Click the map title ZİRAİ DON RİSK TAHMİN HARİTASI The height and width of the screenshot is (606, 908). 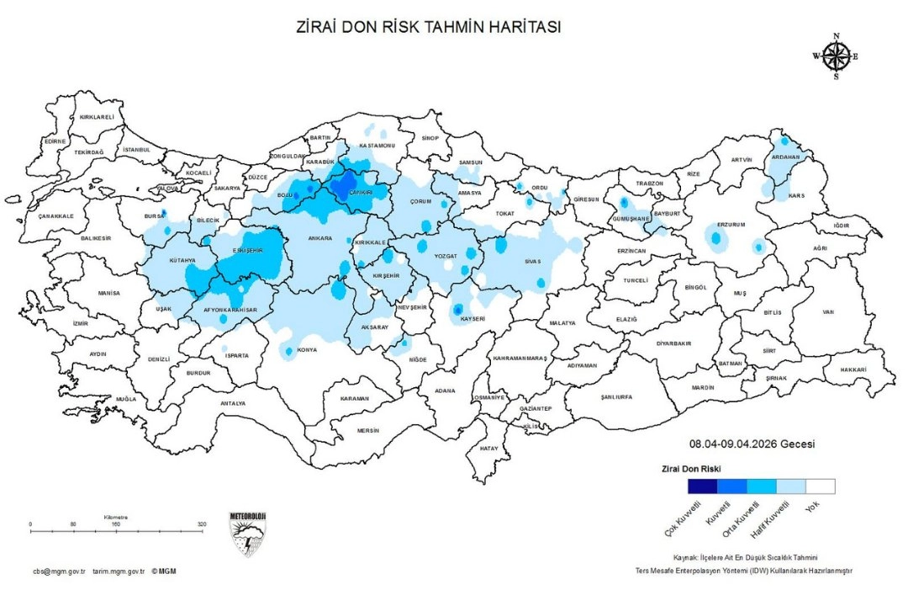coord(429,27)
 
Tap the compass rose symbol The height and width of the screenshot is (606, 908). coord(836,56)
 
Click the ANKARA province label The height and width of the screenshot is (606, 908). coord(319,238)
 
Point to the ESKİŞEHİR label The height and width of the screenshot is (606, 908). coord(250,251)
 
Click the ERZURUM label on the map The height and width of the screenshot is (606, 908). coord(731,226)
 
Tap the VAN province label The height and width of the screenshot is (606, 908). coord(827,312)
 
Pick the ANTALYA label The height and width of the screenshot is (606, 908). coord(233,403)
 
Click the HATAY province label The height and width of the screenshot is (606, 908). coord(488,449)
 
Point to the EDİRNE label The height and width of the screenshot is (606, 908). coord(55,141)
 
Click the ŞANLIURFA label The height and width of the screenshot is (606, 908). coord(610,397)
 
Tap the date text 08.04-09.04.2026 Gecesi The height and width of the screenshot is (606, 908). coord(752,444)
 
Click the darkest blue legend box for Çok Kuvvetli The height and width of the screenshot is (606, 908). coord(702,486)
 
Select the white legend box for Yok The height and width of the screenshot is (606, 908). coord(820,486)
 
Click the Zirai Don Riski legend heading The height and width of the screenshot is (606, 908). coord(688,468)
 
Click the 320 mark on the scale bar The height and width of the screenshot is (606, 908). coord(202,524)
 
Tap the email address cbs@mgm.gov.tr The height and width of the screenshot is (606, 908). coord(59,571)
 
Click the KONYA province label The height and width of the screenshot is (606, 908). coord(307,350)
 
